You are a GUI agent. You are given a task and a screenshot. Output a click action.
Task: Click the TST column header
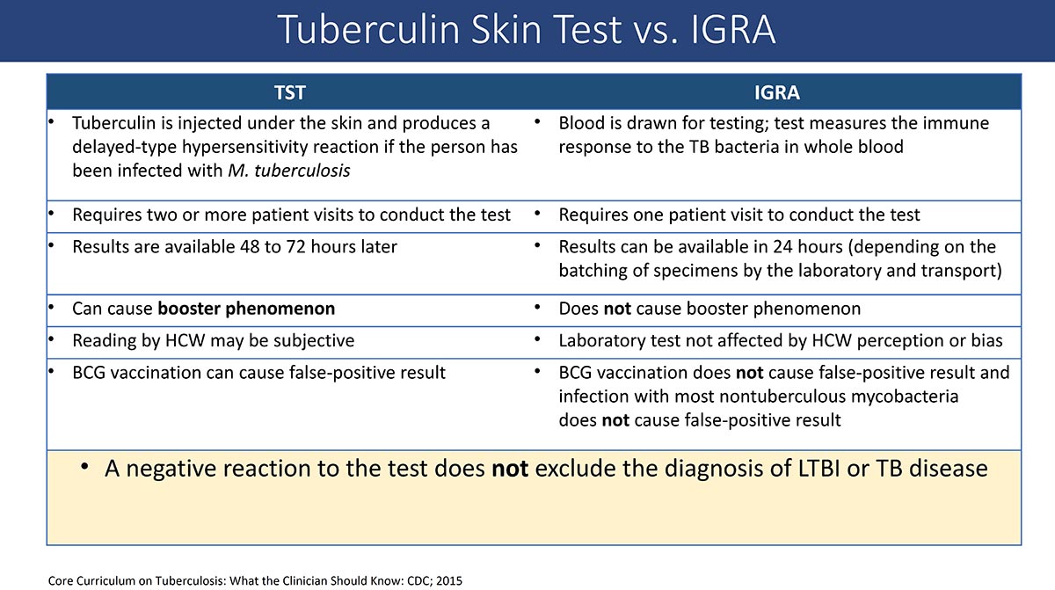pyautogui.click(x=289, y=92)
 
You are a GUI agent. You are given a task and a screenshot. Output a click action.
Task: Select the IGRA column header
pyautogui.click(x=776, y=92)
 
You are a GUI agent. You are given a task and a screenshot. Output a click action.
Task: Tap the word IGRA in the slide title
pyautogui.click(x=732, y=30)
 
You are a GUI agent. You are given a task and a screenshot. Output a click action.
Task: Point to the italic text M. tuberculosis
pyautogui.click(x=289, y=171)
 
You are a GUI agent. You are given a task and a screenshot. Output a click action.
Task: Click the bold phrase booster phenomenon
pyautogui.click(x=246, y=309)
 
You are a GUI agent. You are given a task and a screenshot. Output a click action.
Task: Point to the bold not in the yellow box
pyautogui.click(x=510, y=469)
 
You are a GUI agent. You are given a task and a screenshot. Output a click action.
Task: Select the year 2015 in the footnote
pyautogui.click(x=449, y=580)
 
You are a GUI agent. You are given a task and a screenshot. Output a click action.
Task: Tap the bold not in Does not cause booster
pyautogui.click(x=617, y=309)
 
